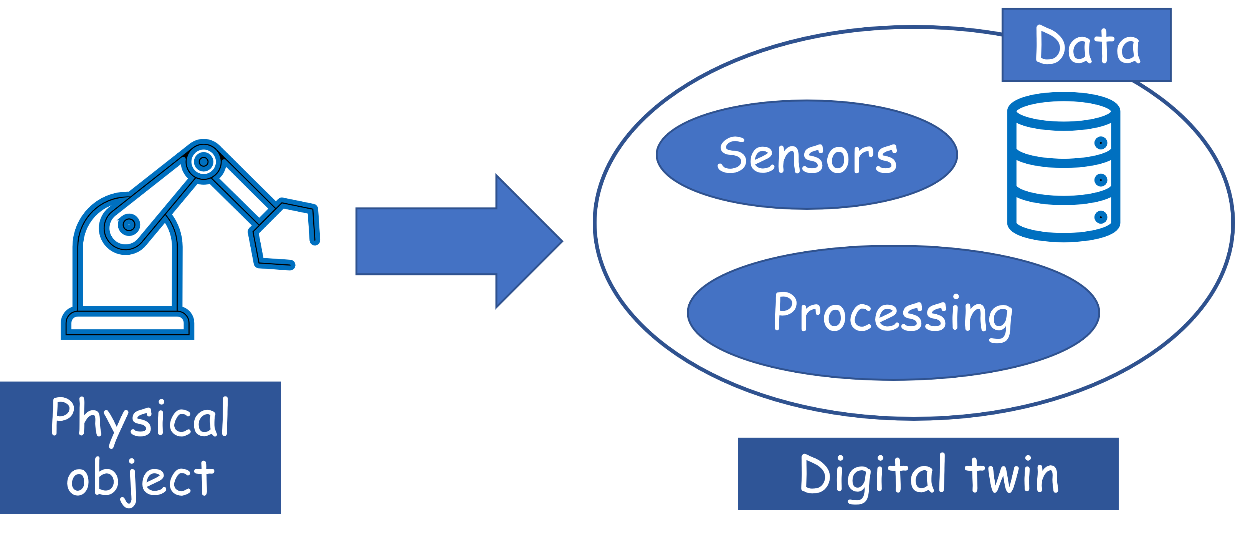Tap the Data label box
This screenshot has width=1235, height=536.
1086,45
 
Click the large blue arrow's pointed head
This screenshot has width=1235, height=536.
562,241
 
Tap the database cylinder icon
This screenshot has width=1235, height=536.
1063,166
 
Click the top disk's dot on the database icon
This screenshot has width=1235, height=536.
1101,143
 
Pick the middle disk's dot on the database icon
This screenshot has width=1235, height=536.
1101,180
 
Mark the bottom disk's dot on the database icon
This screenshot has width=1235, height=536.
1101,217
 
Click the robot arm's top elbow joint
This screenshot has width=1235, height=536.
203,162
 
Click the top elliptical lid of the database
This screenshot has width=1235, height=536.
1063,111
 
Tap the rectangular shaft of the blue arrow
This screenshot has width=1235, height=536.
426,241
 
